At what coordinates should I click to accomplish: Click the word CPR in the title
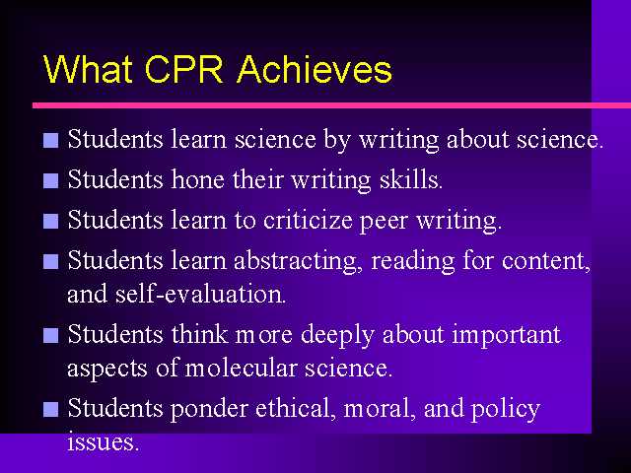pyautogui.click(x=183, y=69)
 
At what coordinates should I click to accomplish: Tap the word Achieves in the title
pyautogui.click(x=315, y=69)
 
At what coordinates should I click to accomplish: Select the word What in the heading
pyautogui.click(x=88, y=69)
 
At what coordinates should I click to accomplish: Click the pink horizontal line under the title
pyautogui.click(x=331, y=105)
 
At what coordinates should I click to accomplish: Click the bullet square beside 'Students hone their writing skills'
pyautogui.click(x=50, y=180)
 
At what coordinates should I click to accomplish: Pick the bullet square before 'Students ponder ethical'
pyautogui.click(x=50, y=410)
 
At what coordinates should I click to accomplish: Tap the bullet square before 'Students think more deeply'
pyautogui.click(x=50, y=335)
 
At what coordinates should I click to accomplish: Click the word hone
pyautogui.click(x=197, y=179)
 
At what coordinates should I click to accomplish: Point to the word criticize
pyautogui.click(x=308, y=221)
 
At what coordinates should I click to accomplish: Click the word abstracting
pyautogui.click(x=295, y=261)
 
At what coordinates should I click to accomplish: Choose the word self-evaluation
pyautogui.click(x=200, y=294)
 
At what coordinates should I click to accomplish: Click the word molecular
pyautogui.click(x=241, y=368)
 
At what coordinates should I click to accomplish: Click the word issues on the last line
pyautogui.click(x=103, y=442)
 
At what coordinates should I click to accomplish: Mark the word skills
pyautogui.click(x=411, y=179)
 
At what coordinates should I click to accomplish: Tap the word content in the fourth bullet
pyautogui.click(x=546, y=261)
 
